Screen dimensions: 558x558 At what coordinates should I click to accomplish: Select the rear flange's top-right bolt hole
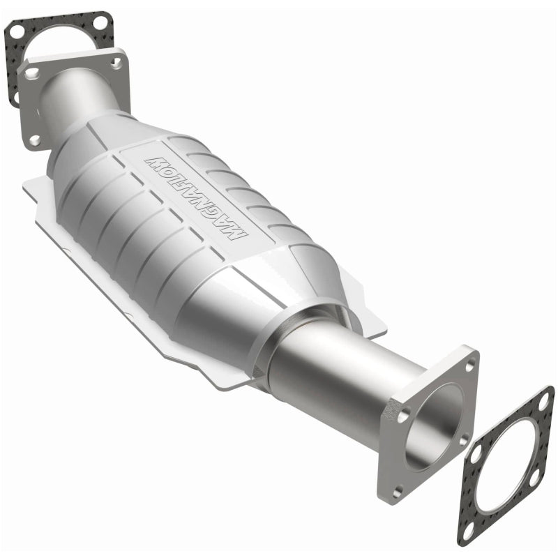coord(116,63)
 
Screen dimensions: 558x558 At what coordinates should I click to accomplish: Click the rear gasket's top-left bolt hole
coord(15,31)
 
